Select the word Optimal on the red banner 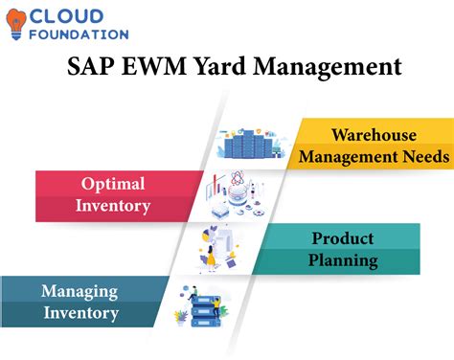coord(112,183)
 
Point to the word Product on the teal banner coord(344,238)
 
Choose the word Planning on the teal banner coord(344,259)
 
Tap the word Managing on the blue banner coord(79,291)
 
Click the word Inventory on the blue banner coord(79,312)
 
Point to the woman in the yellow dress coord(210,256)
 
